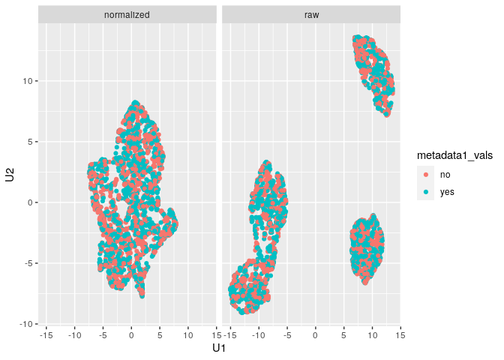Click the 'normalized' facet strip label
(127, 14)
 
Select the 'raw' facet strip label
(311, 14)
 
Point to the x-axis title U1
(219, 348)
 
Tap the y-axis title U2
(10, 175)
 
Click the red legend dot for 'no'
(427, 174)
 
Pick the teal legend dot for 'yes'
(427, 191)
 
